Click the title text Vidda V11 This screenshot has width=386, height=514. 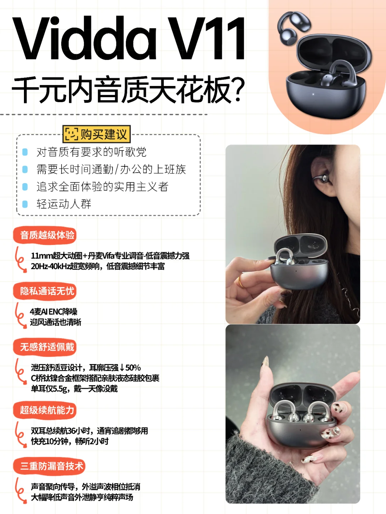tap(129, 38)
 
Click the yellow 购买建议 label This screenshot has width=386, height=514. tap(96, 134)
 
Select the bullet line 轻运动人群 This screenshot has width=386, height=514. tap(64, 204)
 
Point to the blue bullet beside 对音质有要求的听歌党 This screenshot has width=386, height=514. tap(25, 152)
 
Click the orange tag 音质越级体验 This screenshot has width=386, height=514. tap(45, 235)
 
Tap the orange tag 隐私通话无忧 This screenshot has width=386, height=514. tap(45, 291)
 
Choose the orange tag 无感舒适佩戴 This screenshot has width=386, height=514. tap(45, 347)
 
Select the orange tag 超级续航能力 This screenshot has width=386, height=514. tap(45, 410)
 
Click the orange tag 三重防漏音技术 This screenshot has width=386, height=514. tap(49, 466)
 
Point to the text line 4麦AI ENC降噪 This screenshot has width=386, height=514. tap(54, 312)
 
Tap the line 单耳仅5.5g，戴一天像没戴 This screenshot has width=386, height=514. tap(74, 389)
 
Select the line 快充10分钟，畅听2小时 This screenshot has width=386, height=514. tap(70, 442)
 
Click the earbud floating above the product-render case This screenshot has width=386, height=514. tap(294, 29)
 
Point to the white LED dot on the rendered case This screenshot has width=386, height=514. tap(313, 95)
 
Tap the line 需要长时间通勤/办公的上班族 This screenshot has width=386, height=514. tap(111, 169)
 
